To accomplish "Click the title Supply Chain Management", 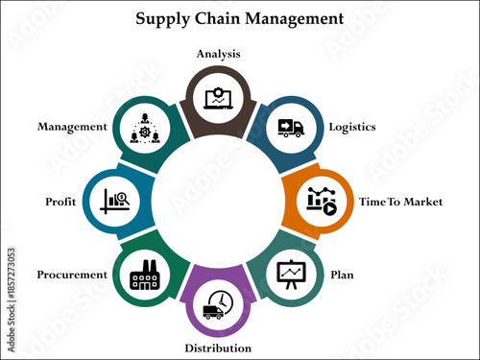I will (x=239, y=18).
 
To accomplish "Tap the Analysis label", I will (x=218, y=54).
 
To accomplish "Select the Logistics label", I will (x=352, y=127).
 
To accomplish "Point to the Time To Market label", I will (x=400, y=202).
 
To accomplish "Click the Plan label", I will (x=342, y=276).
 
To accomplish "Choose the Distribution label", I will (x=219, y=348).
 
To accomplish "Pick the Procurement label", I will (x=72, y=275).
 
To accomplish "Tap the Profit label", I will (x=60, y=202).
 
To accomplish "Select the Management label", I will (x=71, y=126).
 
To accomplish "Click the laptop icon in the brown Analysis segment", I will (x=218, y=97).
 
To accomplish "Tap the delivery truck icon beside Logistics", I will (x=290, y=127).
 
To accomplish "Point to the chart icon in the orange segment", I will (x=321, y=199).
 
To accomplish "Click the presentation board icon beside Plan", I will (x=290, y=274).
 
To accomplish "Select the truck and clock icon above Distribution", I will (x=217, y=304).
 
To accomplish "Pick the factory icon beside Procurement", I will (x=145, y=274).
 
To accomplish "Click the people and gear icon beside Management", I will (x=145, y=127).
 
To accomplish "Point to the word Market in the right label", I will (x=424, y=202).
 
